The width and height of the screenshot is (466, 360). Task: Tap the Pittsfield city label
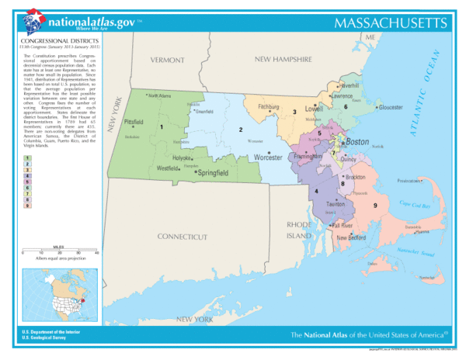pyautogui.click(x=134, y=122)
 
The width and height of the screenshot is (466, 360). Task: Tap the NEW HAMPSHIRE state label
pyautogui.click(x=283, y=59)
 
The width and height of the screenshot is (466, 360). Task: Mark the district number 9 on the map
pyautogui.click(x=375, y=205)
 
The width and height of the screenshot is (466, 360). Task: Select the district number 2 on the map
pyautogui.click(x=241, y=130)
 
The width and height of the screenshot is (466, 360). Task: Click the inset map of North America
pyautogui.click(x=57, y=294)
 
